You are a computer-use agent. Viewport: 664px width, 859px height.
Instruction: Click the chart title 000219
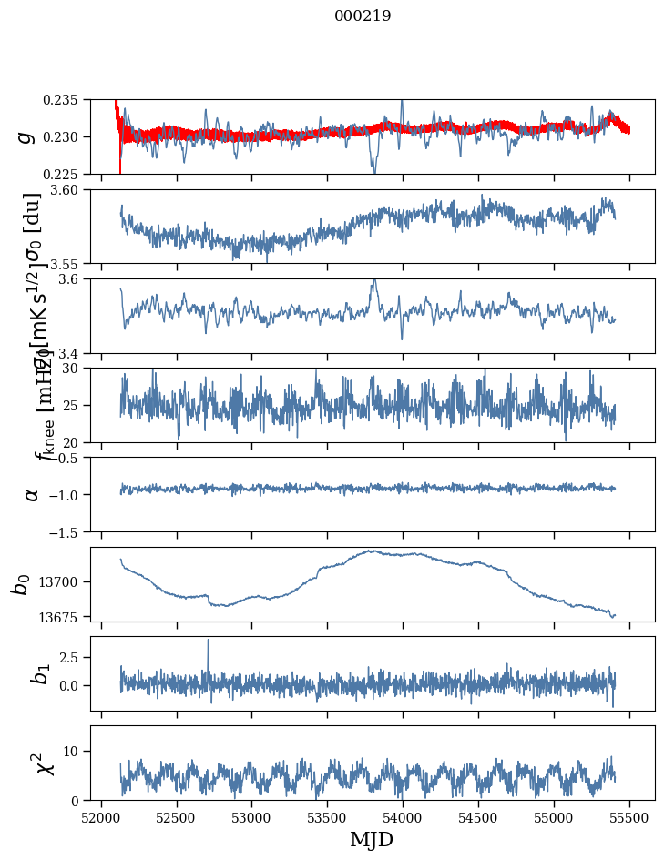[363, 15]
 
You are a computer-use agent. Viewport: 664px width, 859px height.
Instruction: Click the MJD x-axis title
[372, 840]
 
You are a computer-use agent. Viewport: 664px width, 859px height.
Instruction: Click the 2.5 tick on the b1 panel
[75, 656]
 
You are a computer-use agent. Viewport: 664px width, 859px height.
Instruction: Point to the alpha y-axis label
[31, 493]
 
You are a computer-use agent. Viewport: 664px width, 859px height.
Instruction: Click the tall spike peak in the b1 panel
[208, 640]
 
